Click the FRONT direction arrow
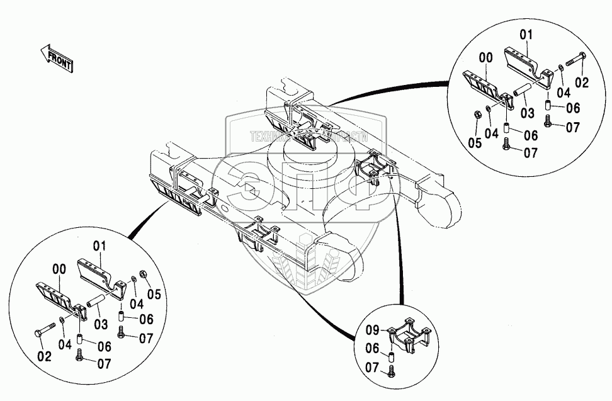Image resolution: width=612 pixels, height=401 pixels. [55, 57]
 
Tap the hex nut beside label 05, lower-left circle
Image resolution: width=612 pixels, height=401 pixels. [144, 274]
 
